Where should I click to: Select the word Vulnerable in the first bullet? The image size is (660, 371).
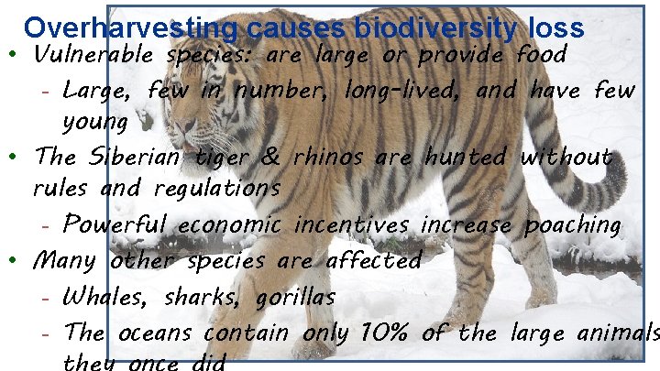tap(94, 55)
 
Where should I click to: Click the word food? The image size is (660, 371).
tap(542, 55)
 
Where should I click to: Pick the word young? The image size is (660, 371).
tap(94, 120)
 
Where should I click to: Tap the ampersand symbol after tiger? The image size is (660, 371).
tap(271, 157)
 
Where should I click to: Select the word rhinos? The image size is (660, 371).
tap(330, 157)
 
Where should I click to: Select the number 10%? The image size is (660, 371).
tap(380, 333)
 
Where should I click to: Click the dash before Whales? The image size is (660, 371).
tap(45, 298)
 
